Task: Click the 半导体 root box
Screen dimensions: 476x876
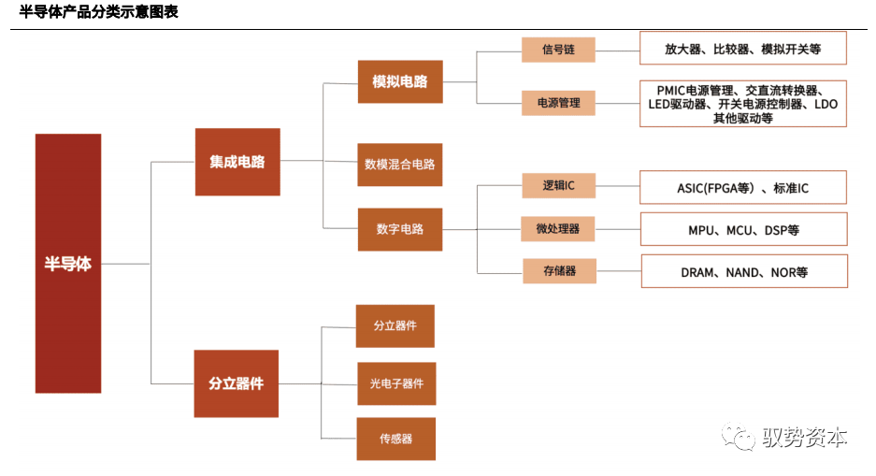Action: [x=68, y=263]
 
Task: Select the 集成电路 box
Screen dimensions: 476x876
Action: [x=237, y=162]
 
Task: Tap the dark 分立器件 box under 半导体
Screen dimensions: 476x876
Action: [x=236, y=383]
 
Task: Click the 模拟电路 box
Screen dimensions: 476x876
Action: [x=399, y=81]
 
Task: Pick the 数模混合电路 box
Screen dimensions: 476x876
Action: [x=399, y=165]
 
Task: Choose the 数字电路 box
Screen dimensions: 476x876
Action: [x=399, y=228]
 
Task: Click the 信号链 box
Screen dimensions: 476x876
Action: [x=558, y=49]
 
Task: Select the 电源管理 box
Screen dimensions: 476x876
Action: [x=558, y=102]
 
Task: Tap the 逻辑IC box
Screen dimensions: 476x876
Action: [x=558, y=185]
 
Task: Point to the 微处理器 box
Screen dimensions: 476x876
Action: [x=558, y=228]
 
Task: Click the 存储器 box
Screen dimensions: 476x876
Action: [x=558, y=271]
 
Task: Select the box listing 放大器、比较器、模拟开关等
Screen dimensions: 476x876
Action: [x=742, y=48]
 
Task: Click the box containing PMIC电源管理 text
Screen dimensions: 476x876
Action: [x=742, y=104]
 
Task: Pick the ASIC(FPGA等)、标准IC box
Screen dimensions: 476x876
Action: [x=742, y=187]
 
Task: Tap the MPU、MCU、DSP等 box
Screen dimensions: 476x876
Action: [x=742, y=229]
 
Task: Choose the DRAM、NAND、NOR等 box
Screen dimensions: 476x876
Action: [x=743, y=271]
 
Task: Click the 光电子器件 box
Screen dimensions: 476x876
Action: [x=395, y=383]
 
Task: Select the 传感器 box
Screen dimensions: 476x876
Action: [x=395, y=438]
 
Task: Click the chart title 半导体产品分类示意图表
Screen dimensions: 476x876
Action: [x=98, y=12]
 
